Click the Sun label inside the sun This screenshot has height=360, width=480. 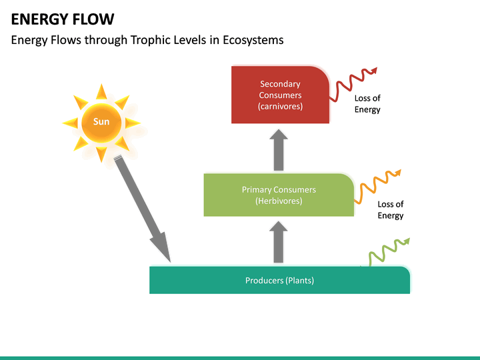(101, 122)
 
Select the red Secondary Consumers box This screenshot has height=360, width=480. (280, 95)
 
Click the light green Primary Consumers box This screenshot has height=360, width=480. (279, 195)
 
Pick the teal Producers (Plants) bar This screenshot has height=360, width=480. (279, 280)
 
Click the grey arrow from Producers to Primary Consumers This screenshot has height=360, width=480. (279, 243)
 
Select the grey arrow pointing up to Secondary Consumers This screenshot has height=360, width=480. (279, 150)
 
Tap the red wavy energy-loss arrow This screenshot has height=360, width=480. (354, 82)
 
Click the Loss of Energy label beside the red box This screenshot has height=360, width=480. (367, 104)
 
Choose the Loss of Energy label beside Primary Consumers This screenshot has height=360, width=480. (390, 210)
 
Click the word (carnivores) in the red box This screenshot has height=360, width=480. (280, 107)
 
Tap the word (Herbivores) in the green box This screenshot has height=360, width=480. (279, 201)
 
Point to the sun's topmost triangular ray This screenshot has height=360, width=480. (101, 91)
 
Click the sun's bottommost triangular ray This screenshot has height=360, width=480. (101, 155)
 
